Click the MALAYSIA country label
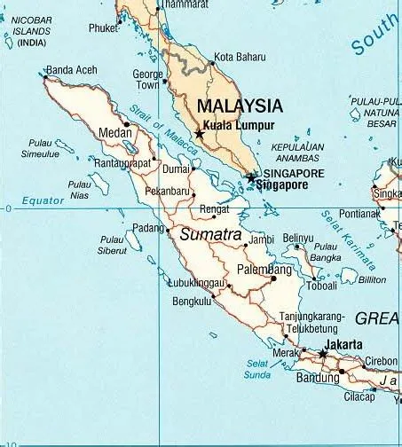pyautogui.click(x=240, y=105)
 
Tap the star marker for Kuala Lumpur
pyautogui.click(x=199, y=134)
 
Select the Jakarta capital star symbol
pyautogui.click(x=323, y=355)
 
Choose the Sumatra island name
pyautogui.click(x=210, y=235)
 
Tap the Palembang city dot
pyautogui.click(x=273, y=278)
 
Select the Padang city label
pyautogui.click(x=148, y=228)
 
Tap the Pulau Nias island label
pyautogui.click(x=80, y=191)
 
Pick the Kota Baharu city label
pyautogui.click(x=240, y=57)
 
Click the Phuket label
pyautogui.click(x=103, y=28)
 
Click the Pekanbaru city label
pyautogui.click(x=169, y=191)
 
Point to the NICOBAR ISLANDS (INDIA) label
pyautogui.click(x=32, y=30)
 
